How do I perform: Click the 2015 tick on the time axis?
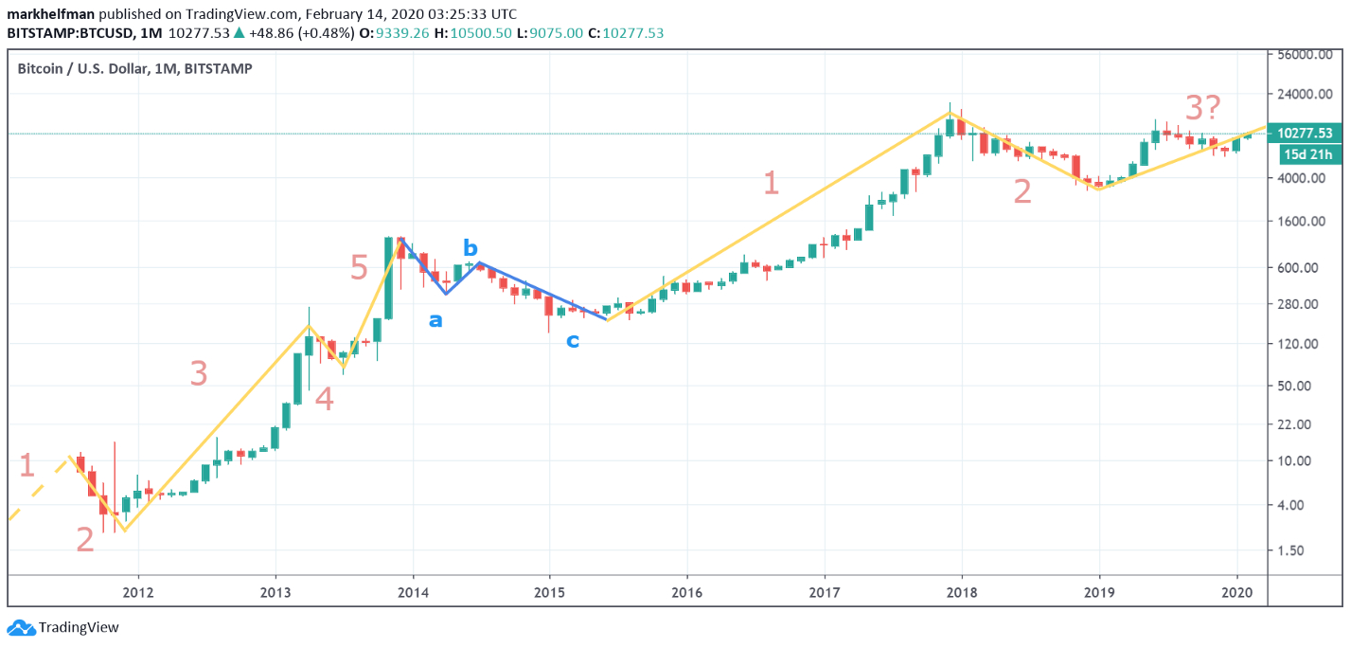point(549,591)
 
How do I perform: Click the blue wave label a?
point(435,320)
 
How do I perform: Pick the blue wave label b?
point(471,248)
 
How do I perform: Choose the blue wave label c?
point(573,340)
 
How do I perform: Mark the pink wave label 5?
point(359,268)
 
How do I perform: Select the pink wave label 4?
point(324,400)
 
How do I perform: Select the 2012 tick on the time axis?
point(138,591)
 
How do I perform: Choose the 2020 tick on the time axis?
point(1236,591)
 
